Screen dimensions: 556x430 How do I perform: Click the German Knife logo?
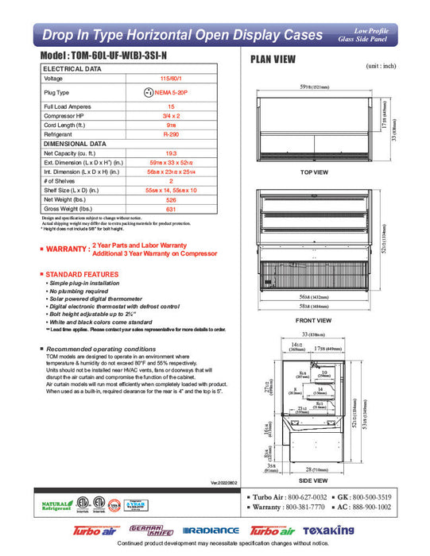click(152, 530)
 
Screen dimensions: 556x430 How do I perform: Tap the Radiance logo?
click(210, 531)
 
